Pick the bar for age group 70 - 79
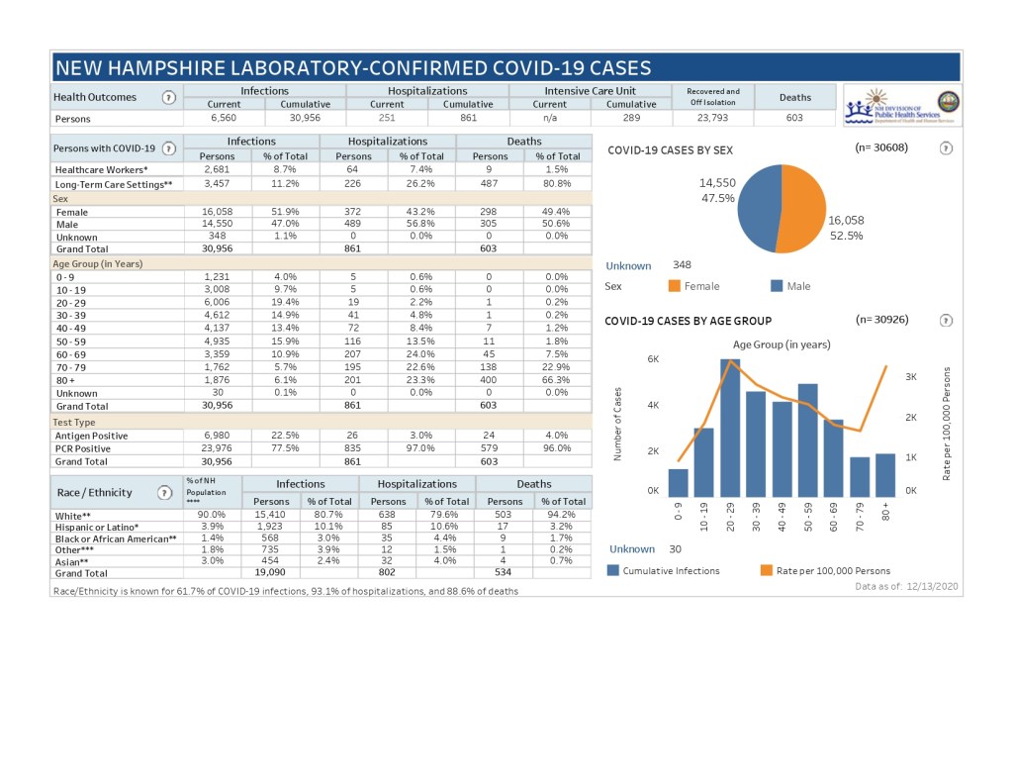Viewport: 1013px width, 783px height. point(860,476)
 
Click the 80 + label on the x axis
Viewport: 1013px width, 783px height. point(885,514)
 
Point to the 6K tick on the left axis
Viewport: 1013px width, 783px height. point(653,359)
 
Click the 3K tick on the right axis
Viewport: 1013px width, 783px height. point(911,377)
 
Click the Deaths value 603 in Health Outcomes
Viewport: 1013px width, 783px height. point(794,118)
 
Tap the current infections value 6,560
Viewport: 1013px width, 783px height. point(224,118)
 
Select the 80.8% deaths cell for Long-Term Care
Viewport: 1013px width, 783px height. point(557,184)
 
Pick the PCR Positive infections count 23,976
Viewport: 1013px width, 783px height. point(217,448)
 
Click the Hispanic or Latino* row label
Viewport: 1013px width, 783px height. point(96,527)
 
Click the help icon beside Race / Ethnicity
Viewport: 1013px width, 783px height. point(164,492)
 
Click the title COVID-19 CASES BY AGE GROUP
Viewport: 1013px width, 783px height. point(688,321)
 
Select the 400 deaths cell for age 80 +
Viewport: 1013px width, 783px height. point(490,379)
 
